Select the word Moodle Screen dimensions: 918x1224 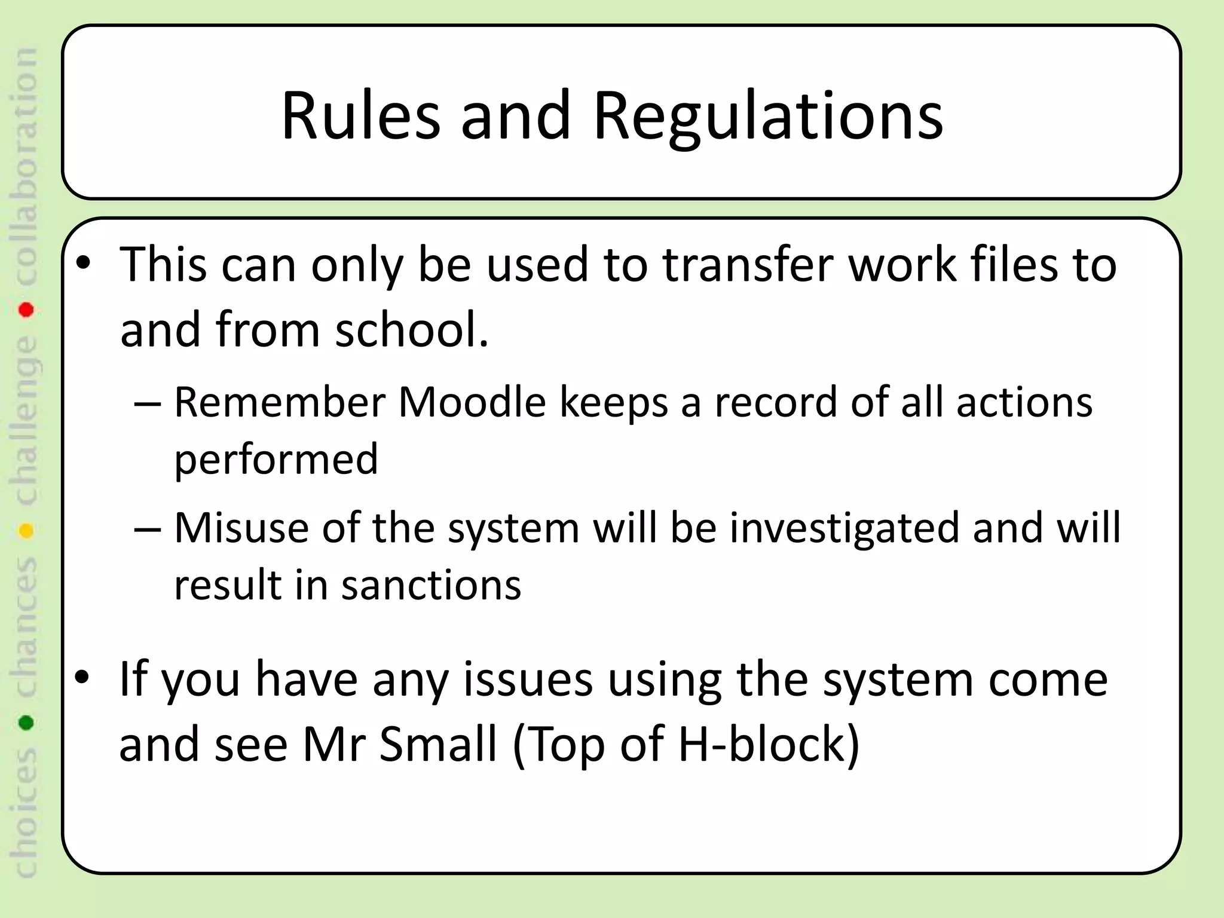point(472,402)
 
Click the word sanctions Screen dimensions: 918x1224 point(431,585)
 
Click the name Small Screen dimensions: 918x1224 point(438,744)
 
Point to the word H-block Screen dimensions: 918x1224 point(769,744)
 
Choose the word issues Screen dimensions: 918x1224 point(528,680)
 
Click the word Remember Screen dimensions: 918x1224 point(280,402)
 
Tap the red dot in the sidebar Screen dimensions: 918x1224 point(26,310)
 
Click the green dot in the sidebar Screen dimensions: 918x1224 point(26,723)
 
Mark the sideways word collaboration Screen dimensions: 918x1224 point(26,167)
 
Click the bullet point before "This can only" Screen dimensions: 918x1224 point(84,264)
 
